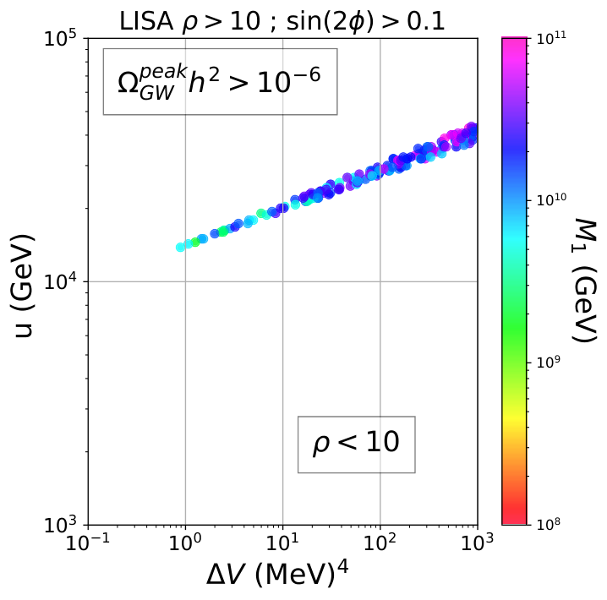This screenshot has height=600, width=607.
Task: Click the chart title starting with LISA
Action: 282,21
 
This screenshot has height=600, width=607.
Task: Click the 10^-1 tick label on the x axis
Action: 88,543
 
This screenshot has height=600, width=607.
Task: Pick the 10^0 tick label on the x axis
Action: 185,543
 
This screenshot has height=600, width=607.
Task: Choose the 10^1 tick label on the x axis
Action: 283,543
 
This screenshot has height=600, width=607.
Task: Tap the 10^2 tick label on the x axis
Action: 380,543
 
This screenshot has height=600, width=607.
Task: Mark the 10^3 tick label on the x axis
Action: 478,543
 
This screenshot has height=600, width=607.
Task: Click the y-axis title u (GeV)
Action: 23,286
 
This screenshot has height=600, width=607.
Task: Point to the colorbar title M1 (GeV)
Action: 584,281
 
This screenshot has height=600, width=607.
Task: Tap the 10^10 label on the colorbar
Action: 551,199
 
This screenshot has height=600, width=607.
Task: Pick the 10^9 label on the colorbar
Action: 548,363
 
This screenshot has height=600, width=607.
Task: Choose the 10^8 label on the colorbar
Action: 548,524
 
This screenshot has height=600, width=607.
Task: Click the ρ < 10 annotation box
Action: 357,445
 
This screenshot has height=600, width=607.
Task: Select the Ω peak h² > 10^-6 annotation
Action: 221,82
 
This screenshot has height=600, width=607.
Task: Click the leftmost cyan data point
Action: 180,248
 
